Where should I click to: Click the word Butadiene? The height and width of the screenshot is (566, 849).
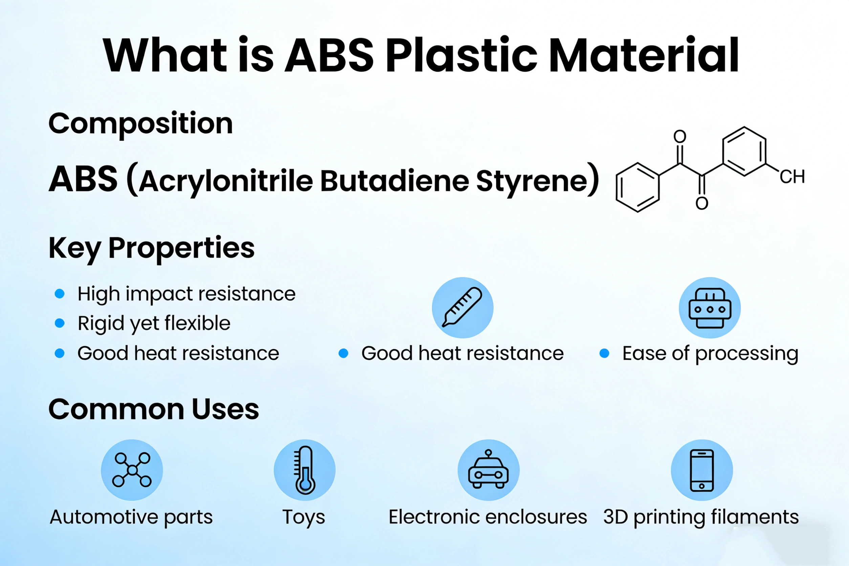[x=394, y=180]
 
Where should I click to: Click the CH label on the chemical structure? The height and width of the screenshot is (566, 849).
[x=792, y=177]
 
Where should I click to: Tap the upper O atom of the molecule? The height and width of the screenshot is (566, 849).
[x=680, y=136]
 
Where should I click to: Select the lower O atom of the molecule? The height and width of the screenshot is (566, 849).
[x=702, y=203]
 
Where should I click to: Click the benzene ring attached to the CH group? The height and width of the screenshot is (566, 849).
[x=744, y=152]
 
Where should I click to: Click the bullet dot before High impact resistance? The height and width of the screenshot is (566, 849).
[x=60, y=293]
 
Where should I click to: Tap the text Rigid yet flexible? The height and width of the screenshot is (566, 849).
[x=154, y=323]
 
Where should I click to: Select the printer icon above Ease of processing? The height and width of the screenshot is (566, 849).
[x=710, y=308]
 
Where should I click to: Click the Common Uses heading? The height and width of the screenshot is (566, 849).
[x=154, y=409]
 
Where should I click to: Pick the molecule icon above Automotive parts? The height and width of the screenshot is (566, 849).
[x=132, y=470]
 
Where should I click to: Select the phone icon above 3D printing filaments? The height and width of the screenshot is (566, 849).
[x=702, y=470]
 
